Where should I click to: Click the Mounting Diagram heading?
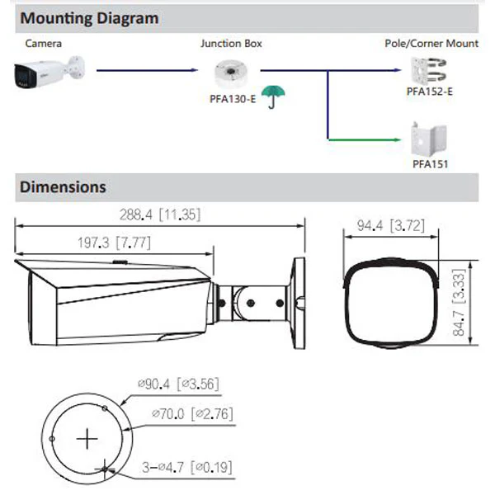tap(89, 18)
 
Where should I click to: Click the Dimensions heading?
tap(63, 187)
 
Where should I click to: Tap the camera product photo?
tap(49, 73)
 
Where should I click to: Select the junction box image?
tap(231, 73)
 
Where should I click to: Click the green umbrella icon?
tap(273, 96)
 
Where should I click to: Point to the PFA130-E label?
tap(233, 99)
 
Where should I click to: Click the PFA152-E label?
tap(429, 92)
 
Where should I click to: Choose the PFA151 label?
tap(431, 164)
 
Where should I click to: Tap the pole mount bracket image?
tap(428, 71)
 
